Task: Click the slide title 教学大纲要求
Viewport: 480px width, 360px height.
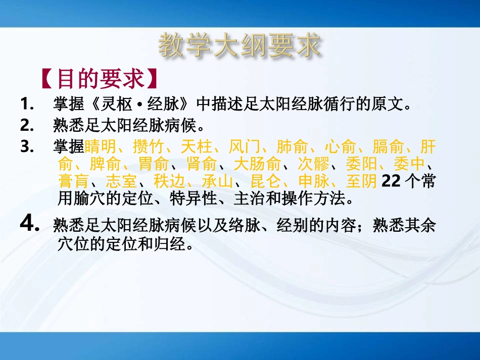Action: tap(239, 46)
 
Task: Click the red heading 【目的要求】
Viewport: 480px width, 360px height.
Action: tap(98, 79)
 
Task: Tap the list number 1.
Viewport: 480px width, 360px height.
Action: tap(27, 105)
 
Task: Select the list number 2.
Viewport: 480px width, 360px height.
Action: tap(27, 124)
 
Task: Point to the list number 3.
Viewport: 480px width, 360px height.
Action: tap(27, 147)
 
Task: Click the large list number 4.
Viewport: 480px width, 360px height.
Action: tap(30, 224)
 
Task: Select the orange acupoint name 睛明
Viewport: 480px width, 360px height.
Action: tap(100, 147)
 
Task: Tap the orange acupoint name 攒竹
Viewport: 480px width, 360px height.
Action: tap(148, 147)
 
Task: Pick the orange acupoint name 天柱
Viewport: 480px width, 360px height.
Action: tap(196, 147)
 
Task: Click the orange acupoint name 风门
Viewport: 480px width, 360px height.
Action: tap(244, 147)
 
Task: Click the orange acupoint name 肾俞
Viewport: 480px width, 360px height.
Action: tap(202, 165)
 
